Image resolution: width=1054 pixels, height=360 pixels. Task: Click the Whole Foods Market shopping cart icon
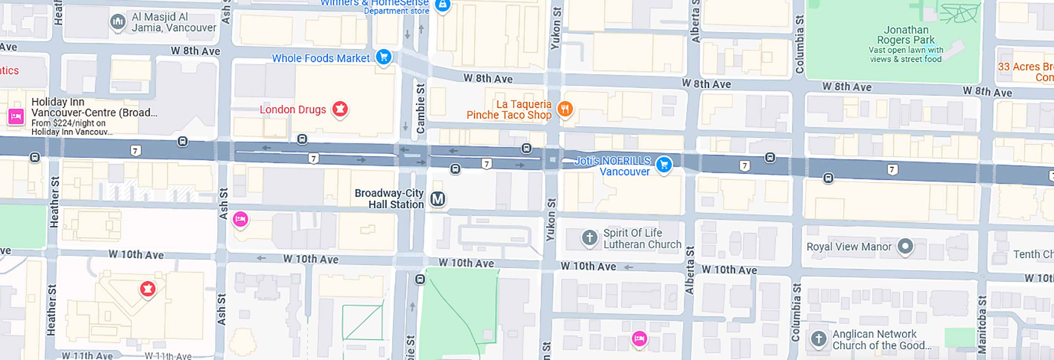click(383, 57)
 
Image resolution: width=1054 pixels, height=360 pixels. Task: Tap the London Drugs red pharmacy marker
click(340, 109)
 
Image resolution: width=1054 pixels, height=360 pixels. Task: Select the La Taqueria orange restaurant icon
click(565, 109)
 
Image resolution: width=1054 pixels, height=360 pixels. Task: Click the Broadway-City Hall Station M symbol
click(437, 199)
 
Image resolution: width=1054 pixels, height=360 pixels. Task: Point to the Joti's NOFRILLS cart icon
click(663, 165)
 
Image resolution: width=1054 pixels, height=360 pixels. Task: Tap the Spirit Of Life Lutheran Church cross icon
click(589, 237)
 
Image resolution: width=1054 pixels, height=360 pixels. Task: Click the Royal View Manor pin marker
click(905, 246)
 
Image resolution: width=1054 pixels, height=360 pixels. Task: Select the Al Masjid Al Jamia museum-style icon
click(117, 21)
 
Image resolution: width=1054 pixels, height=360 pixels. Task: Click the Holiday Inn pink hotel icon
click(16, 117)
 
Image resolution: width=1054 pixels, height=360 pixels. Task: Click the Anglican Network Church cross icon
click(818, 339)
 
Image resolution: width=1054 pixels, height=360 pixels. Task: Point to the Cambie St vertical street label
click(420, 109)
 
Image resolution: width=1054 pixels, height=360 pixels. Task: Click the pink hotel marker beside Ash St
click(240, 219)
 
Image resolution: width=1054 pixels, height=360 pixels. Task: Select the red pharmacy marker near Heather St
click(147, 289)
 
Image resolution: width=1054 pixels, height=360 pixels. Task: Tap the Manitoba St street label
click(982, 325)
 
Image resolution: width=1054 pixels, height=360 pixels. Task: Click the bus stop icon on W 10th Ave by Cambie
click(420, 280)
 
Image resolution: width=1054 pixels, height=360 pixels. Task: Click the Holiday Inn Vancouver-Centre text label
click(94, 107)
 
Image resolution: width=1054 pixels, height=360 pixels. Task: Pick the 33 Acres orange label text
click(1025, 72)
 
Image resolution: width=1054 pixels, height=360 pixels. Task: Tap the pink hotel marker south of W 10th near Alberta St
click(639, 338)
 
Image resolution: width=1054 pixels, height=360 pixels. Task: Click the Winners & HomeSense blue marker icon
click(442, 5)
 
